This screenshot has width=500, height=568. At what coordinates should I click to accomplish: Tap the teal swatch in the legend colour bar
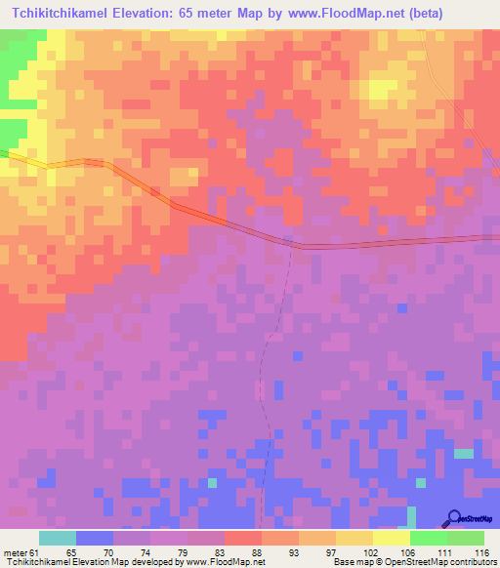coord(58,538)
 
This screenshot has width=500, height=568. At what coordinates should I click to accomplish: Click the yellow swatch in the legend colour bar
coord(392,538)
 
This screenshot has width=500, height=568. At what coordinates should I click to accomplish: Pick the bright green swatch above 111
coord(429,538)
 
